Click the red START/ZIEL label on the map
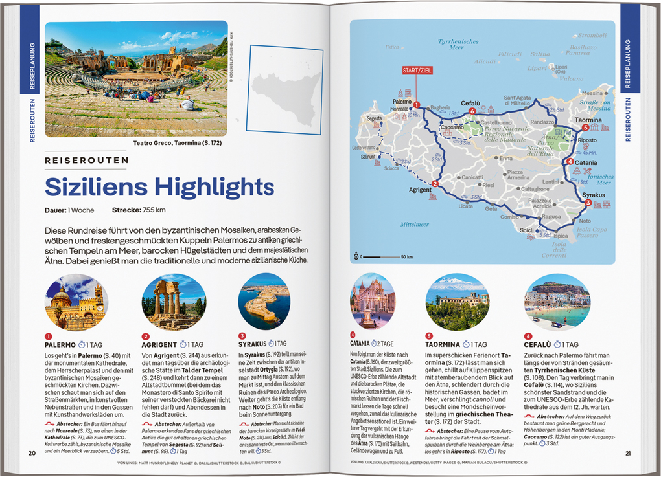click(x=417, y=71)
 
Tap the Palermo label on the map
click(x=402, y=102)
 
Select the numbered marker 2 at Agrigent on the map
click(x=435, y=183)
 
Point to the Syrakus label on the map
click(x=594, y=195)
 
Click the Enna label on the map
click(x=505, y=158)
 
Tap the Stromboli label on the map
click(x=592, y=35)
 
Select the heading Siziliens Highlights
click(x=150, y=186)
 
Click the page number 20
click(x=32, y=452)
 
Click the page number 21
click(x=627, y=452)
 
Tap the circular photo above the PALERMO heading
click(x=76, y=302)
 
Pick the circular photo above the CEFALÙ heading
click(x=556, y=302)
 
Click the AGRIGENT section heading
click(x=159, y=344)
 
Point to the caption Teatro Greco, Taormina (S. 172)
click(x=177, y=142)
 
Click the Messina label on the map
click(x=592, y=93)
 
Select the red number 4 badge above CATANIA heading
click(x=353, y=335)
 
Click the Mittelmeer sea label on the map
click(x=415, y=225)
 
